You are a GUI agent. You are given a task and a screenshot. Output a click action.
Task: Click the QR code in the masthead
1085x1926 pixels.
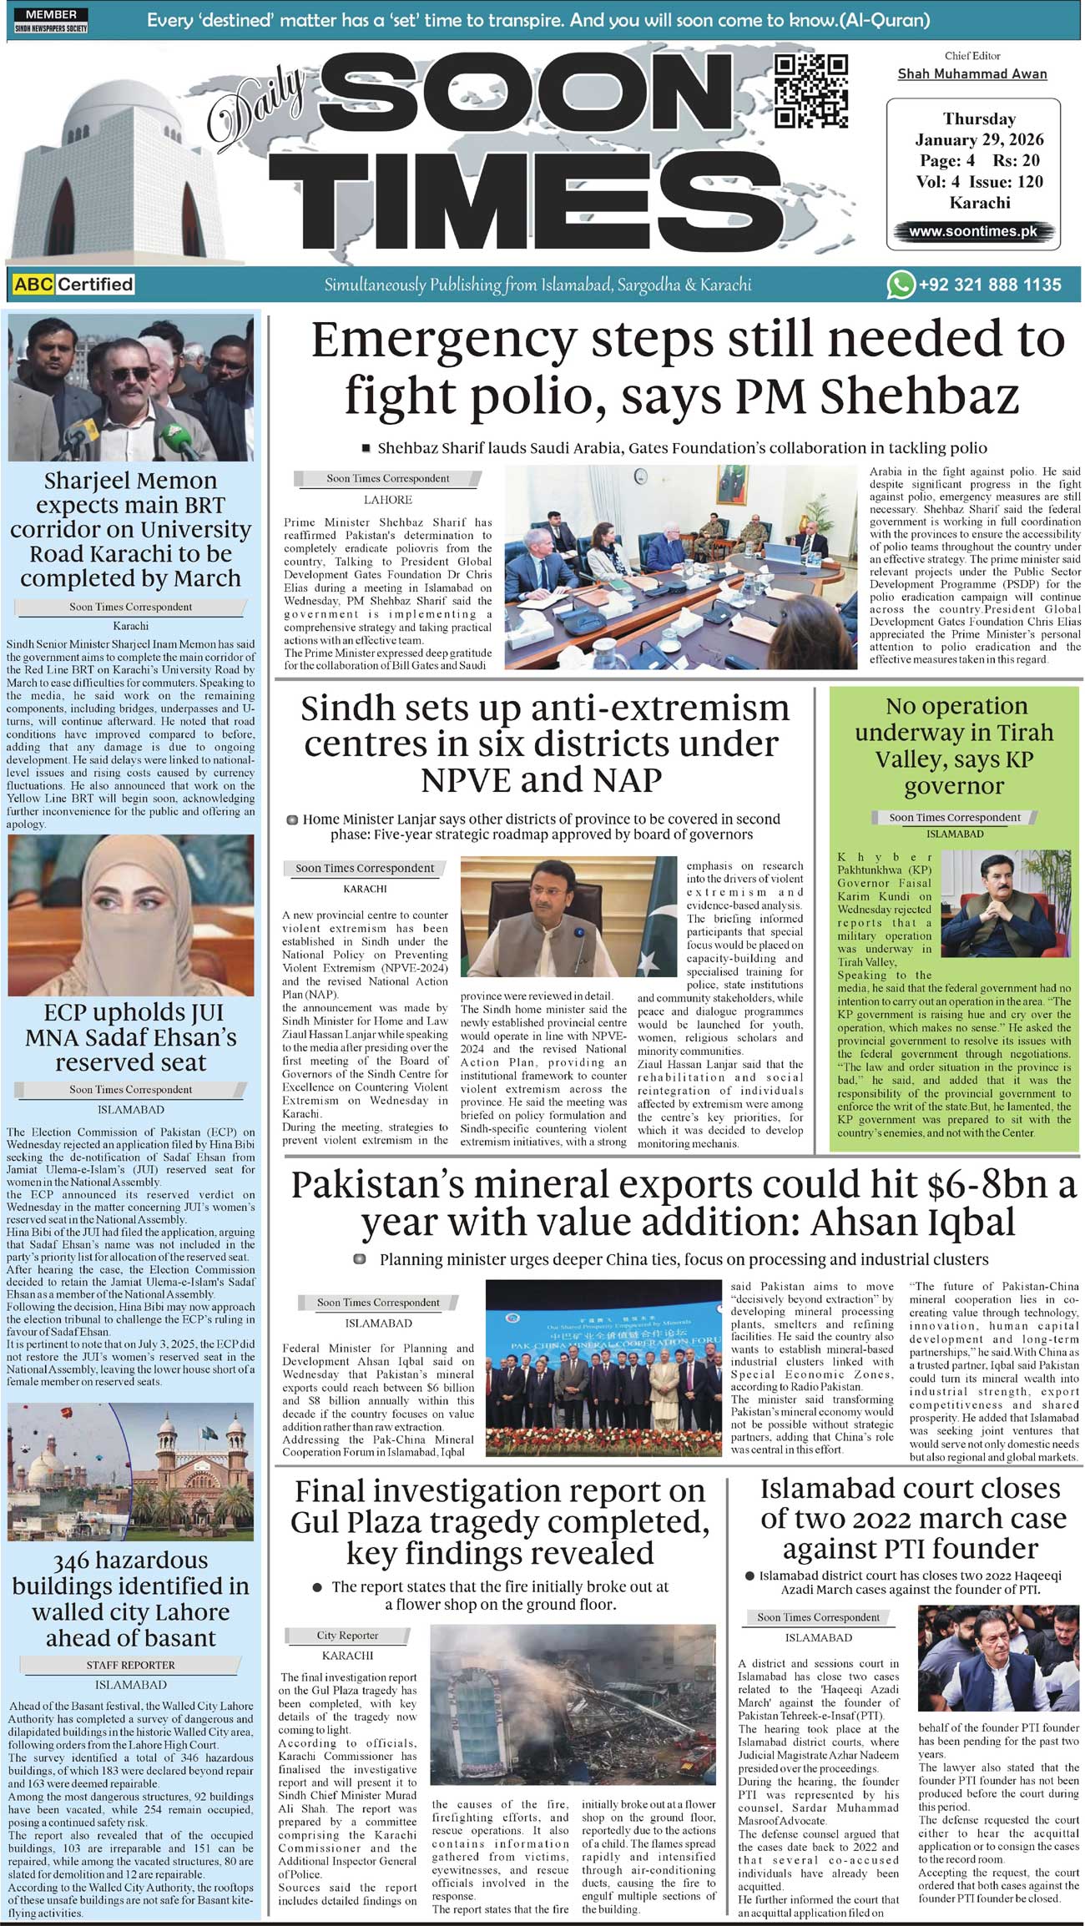point(810,91)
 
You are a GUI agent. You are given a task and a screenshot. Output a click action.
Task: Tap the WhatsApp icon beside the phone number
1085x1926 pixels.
point(901,285)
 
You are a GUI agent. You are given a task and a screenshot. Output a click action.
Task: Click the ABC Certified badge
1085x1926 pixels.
point(73,285)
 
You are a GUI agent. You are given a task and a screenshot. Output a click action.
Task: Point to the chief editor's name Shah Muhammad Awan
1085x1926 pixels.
point(972,74)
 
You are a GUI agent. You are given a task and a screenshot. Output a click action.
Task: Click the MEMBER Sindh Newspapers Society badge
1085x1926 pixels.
point(51,21)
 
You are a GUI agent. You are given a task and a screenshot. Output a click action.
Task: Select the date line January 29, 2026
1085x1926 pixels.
point(979,139)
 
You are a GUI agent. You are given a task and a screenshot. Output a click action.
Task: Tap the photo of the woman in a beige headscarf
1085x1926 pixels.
point(131,915)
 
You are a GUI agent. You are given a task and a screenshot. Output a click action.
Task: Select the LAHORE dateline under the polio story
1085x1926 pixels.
point(387,500)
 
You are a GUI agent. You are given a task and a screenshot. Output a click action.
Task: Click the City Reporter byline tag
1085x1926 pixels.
point(347,1636)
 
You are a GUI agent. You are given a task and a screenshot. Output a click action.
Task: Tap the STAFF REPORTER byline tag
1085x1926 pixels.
point(131,1665)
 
